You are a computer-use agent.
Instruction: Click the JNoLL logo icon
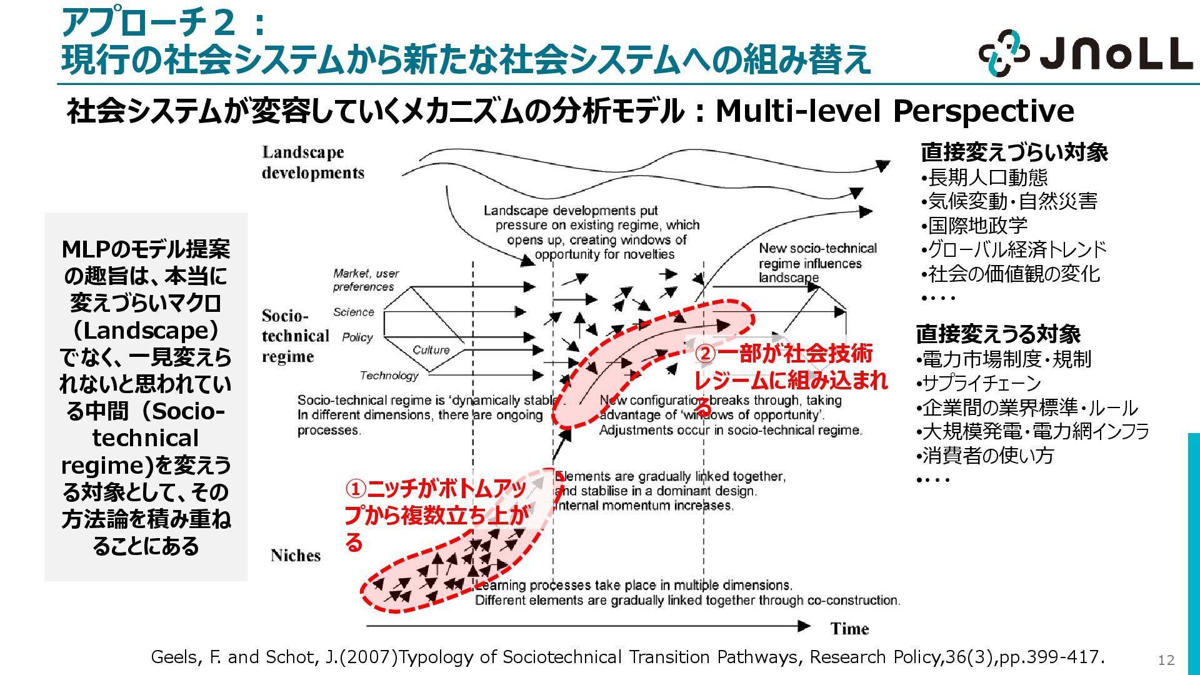(x=1004, y=52)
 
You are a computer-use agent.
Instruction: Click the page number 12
(x=1166, y=660)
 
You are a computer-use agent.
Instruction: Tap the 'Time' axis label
(x=849, y=628)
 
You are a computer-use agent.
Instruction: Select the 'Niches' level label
(x=296, y=556)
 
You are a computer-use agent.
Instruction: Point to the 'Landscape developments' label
(x=312, y=162)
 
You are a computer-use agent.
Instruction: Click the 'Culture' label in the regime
(x=431, y=350)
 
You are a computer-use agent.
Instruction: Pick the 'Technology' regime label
(x=389, y=376)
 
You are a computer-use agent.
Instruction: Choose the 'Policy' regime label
(x=357, y=337)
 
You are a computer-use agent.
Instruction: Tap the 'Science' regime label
(x=353, y=312)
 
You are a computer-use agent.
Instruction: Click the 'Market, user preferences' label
(x=365, y=280)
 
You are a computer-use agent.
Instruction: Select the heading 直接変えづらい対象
(x=1014, y=152)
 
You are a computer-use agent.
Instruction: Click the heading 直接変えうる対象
(x=998, y=334)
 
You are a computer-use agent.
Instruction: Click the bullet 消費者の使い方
(x=987, y=456)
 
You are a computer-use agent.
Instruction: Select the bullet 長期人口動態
(x=987, y=177)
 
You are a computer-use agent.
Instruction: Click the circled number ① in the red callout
(x=355, y=488)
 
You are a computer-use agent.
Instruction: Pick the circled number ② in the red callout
(x=705, y=354)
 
